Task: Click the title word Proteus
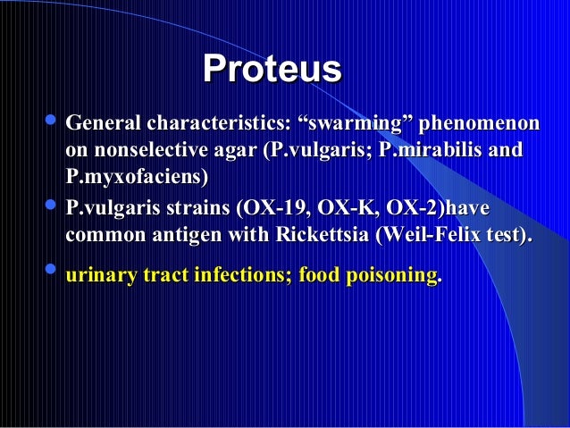pos(272,69)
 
